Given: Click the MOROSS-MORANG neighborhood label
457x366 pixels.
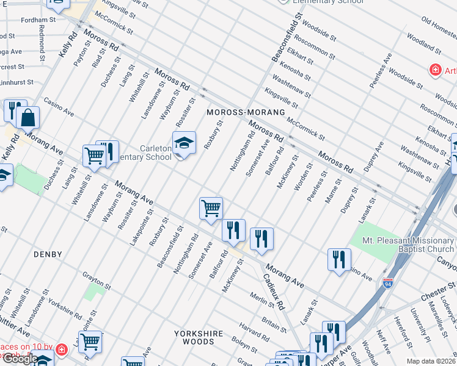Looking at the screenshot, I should [x=246, y=113].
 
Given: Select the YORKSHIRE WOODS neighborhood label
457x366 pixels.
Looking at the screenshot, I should [x=194, y=337].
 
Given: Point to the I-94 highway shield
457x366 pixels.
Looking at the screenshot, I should [x=387, y=283].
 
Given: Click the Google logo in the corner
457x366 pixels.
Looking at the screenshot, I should [x=20, y=359].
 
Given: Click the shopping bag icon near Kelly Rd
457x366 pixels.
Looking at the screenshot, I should [x=28, y=118].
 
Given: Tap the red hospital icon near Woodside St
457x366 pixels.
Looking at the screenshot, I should [x=436, y=70].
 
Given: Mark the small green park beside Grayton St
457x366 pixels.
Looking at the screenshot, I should [x=92, y=291].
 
